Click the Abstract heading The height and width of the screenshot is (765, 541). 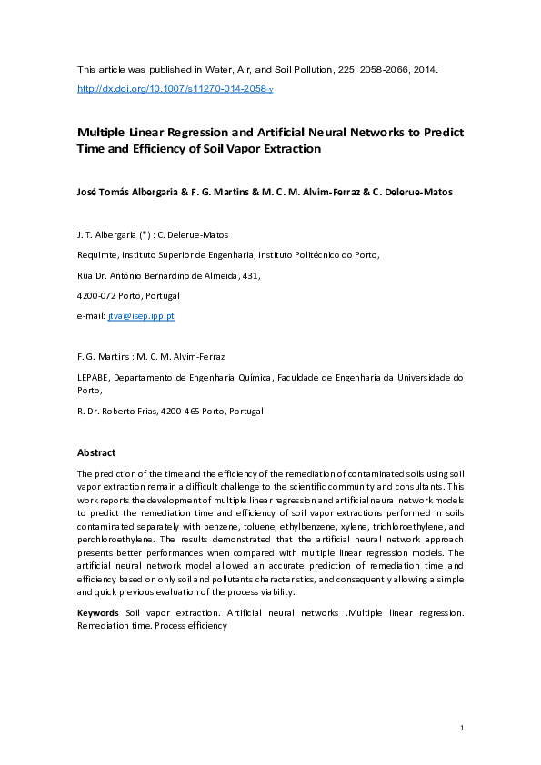pos(96,452)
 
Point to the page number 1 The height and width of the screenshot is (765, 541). pos(462,729)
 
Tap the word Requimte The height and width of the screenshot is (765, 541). pos(97,255)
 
